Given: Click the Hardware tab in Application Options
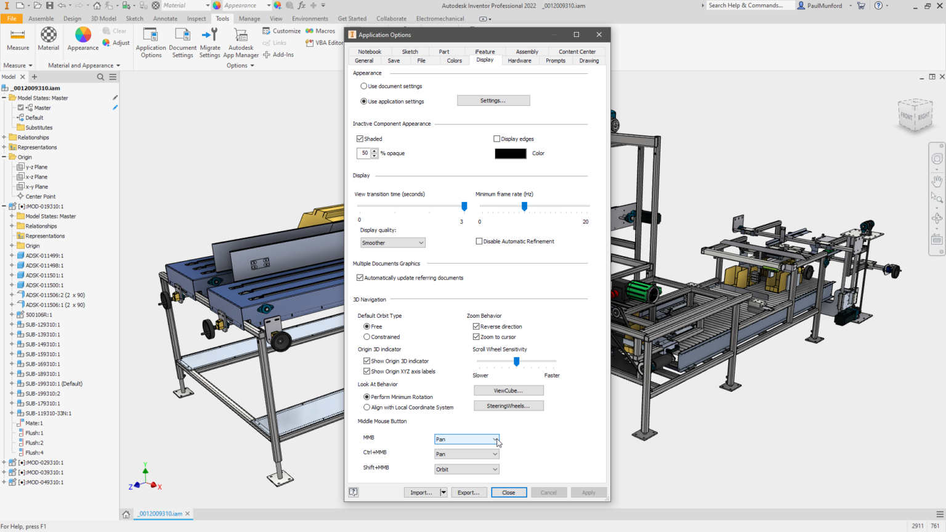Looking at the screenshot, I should tap(519, 60).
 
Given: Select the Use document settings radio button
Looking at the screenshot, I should tap(364, 86).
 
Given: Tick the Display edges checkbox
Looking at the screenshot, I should tap(497, 139).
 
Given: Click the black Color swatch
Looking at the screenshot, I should tap(510, 153).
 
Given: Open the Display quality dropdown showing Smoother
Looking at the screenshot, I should tap(392, 243).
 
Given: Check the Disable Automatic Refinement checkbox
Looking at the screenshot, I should tap(479, 241).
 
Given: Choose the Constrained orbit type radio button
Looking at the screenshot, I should tap(367, 337).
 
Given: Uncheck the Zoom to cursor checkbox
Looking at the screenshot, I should tap(476, 337).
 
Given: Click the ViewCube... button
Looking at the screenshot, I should tap(508, 390).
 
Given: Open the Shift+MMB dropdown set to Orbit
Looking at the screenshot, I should tap(466, 469).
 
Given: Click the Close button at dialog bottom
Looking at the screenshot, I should tap(508, 493).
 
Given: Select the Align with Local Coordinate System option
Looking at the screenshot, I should tap(367, 408).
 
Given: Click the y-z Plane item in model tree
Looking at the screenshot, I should tap(36, 167).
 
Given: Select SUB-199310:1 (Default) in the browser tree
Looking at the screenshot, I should tap(54, 384).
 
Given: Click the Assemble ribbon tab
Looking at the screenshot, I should tap(41, 18).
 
